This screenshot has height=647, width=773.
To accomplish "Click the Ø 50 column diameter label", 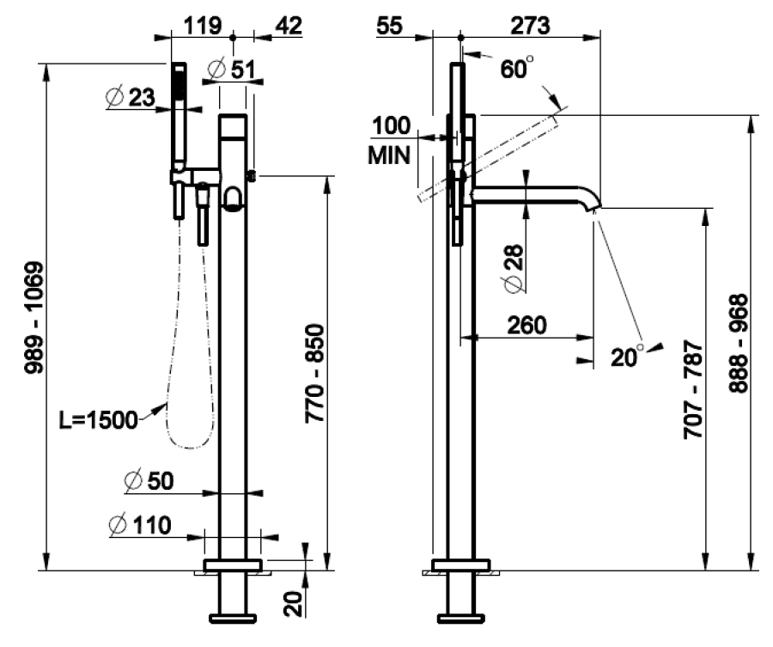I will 148,481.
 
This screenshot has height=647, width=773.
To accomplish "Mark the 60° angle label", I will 517,69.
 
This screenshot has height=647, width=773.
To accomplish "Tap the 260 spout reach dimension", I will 526,325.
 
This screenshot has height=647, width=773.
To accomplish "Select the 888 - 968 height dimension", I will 738,344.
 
